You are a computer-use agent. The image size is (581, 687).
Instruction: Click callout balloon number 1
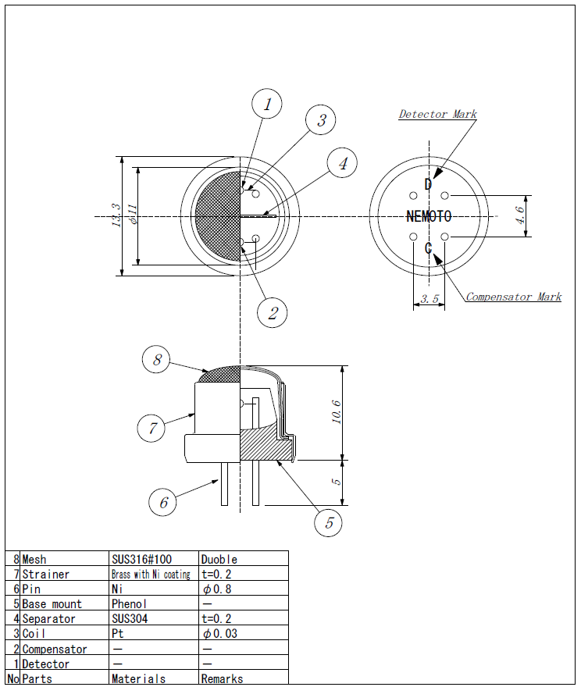(x=267, y=104)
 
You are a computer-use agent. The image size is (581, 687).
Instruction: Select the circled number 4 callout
(x=342, y=162)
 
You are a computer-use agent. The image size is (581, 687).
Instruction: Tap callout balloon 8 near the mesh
(x=156, y=359)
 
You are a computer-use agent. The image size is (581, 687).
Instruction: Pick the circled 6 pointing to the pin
(x=162, y=502)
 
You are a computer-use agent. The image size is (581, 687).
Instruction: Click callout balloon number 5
(x=329, y=521)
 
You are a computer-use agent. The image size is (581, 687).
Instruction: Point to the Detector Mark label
(x=438, y=114)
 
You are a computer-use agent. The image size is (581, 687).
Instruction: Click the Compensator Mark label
(x=514, y=297)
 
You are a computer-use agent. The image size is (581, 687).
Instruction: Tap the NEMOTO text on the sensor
(x=429, y=216)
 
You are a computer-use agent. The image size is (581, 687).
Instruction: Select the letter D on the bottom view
(x=428, y=184)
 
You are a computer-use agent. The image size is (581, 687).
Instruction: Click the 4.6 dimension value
(x=520, y=215)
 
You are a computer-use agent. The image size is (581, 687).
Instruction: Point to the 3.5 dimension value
(x=430, y=299)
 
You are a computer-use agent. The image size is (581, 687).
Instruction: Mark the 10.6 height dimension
(x=336, y=412)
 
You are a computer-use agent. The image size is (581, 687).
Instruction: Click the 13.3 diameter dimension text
(x=116, y=215)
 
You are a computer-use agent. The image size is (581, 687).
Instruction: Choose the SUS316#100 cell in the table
(x=141, y=559)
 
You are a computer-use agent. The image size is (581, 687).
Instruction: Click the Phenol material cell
(x=129, y=603)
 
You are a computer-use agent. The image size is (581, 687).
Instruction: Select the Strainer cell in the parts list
(x=45, y=574)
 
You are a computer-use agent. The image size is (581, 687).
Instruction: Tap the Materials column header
(x=138, y=678)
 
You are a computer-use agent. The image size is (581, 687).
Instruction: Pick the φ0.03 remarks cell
(x=220, y=634)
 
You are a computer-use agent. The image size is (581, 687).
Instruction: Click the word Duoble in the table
(x=219, y=559)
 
